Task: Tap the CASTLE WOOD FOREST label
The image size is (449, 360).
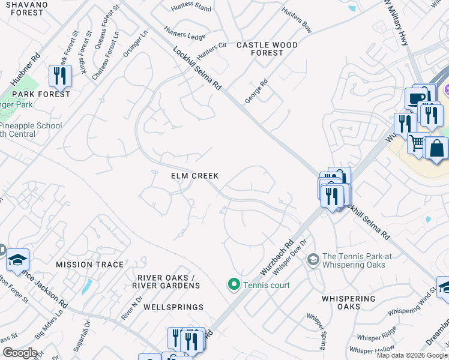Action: pyautogui.click(x=267, y=49)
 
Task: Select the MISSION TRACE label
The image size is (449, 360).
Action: pyautogui.click(x=89, y=265)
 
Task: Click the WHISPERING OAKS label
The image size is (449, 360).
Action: pyautogui.click(x=349, y=302)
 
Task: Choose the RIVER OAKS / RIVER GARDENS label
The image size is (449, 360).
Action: pyautogui.click(x=168, y=281)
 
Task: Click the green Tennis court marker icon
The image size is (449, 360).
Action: pyautogui.click(x=234, y=284)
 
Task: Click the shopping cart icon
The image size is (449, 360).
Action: pyautogui.click(x=417, y=143)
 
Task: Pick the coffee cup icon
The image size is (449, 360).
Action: pyautogui.click(x=416, y=97)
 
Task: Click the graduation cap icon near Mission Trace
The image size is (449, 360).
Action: pyautogui.click(x=17, y=259)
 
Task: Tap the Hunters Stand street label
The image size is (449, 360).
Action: pyautogui.click(x=191, y=8)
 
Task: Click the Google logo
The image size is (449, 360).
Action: pyautogui.click(x=20, y=353)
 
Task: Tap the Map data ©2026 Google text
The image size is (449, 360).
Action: pyautogui.click(x=412, y=355)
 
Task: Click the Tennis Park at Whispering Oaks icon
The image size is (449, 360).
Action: pyautogui.click(x=313, y=260)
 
